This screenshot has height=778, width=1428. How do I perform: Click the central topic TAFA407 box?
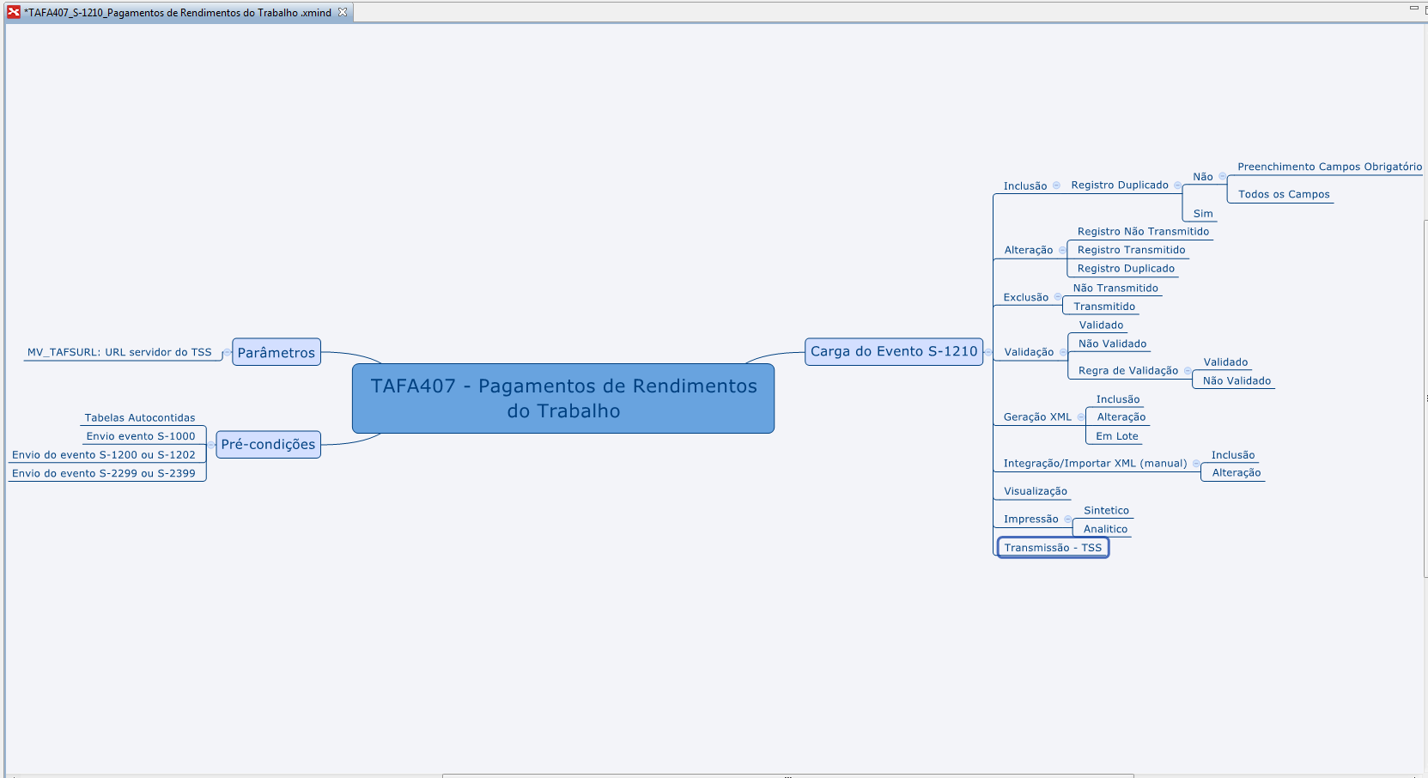point(563,398)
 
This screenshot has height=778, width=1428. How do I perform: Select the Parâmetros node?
point(276,352)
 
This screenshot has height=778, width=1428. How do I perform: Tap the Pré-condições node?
point(268,444)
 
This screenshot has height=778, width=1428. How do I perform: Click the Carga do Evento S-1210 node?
point(894,351)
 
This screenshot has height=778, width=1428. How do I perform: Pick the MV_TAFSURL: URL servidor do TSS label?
point(119,352)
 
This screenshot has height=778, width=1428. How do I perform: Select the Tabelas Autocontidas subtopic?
point(140,418)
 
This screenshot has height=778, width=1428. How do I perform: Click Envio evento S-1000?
point(141,436)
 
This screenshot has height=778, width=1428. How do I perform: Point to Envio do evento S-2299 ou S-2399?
point(104,473)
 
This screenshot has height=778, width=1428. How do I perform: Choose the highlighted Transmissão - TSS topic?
point(1053,548)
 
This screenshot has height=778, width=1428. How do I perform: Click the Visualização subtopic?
point(1036,491)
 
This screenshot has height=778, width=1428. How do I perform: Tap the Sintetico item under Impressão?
point(1106,510)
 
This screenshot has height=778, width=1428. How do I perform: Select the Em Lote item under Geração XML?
point(1116,436)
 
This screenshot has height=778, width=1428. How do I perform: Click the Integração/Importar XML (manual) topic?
point(1095,463)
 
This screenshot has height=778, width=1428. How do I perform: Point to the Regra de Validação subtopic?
point(1128,371)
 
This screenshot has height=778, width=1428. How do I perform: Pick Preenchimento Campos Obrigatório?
point(1329,167)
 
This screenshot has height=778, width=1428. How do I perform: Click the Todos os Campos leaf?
point(1284,194)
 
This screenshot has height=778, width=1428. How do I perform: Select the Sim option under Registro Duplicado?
point(1203,214)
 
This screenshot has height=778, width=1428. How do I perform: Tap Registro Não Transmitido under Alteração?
point(1143,232)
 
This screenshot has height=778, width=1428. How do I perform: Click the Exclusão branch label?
point(1026,297)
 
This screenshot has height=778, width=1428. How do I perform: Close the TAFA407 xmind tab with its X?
point(343,12)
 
